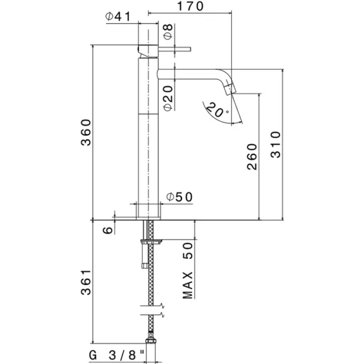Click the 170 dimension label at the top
click(x=190, y=6)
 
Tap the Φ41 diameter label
click(x=118, y=17)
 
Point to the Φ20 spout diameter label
click(x=168, y=99)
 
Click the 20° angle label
click(x=217, y=110)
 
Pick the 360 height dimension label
click(x=86, y=132)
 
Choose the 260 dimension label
click(x=252, y=157)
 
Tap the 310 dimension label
click(x=276, y=145)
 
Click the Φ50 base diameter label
click(x=179, y=197)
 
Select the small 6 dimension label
click(x=108, y=230)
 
